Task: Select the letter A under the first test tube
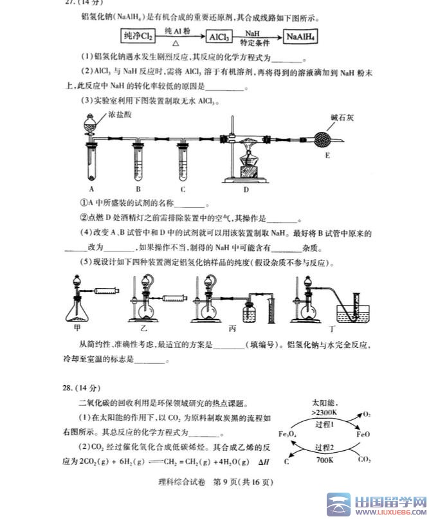click(92, 189)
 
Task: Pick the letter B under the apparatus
click(138, 189)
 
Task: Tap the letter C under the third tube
click(183, 189)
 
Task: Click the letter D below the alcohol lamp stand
click(246, 189)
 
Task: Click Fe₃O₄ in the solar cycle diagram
click(287, 435)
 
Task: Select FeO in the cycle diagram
click(364, 435)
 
